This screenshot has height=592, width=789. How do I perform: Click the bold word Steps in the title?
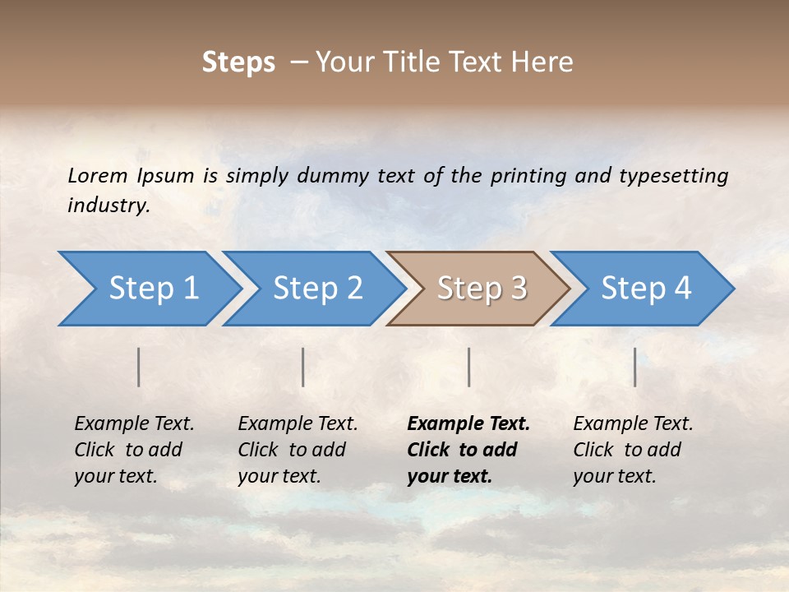tap(238, 62)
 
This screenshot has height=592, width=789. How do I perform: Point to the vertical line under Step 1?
tap(139, 367)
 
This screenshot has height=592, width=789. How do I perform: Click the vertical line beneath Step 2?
tap(303, 367)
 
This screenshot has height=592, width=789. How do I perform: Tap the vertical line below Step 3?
tap(469, 367)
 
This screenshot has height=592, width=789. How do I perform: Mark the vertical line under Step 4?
tap(635, 367)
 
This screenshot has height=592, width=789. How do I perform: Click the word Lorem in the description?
tap(97, 175)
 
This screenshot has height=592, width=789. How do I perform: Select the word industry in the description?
tap(108, 205)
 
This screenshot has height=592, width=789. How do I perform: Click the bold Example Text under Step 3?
tap(468, 424)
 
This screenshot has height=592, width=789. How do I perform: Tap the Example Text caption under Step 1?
tap(134, 424)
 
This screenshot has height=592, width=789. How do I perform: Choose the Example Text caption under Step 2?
tap(298, 424)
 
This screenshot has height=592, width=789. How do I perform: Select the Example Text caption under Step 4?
tap(633, 424)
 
